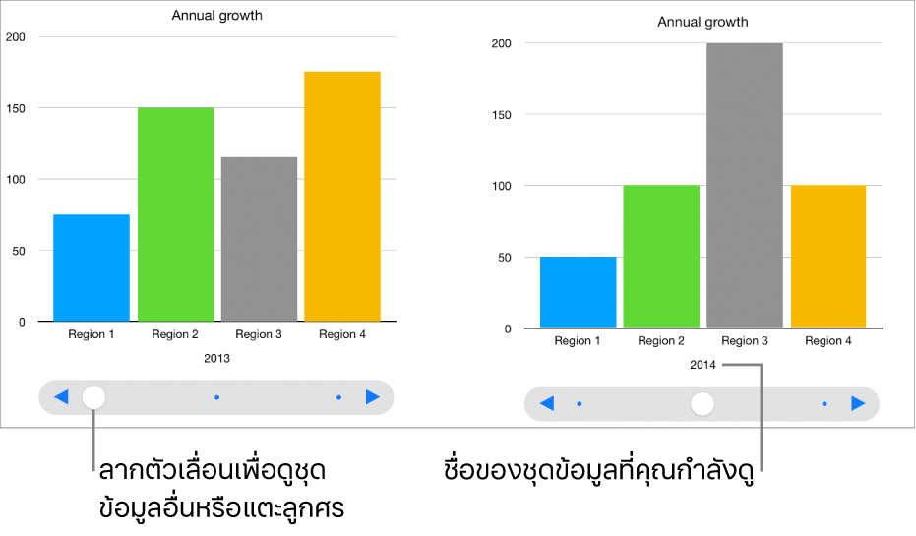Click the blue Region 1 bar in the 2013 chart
[92, 268]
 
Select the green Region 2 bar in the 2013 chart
[175, 214]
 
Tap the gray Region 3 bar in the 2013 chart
[259, 239]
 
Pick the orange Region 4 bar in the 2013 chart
[342, 197]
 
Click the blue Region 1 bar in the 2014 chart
[578, 292]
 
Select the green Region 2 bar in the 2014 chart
[661, 257]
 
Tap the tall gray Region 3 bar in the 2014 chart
[745, 185]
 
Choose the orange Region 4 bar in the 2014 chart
[828, 257]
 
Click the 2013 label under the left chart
[216, 359]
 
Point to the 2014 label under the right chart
[702, 366]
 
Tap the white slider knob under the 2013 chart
[93, 397]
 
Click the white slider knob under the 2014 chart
[702, 403]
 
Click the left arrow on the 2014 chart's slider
[547, 403]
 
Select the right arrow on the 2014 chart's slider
[858, 403]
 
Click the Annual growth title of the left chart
[216, 16]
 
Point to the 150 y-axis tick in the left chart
[16, 108]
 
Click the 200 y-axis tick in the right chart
[502, 43]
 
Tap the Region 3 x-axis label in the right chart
[745, 341]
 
